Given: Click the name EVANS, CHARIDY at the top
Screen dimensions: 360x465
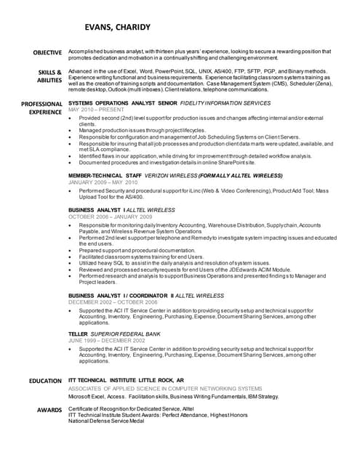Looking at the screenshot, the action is pyautogui.click(x=117, y=28).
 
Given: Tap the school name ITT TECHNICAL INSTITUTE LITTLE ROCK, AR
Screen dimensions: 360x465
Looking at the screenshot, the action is pyautogui.click(x=126, y=380).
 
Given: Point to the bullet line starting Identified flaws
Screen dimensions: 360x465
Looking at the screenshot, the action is pyautogui.click(x=195, y=156).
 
